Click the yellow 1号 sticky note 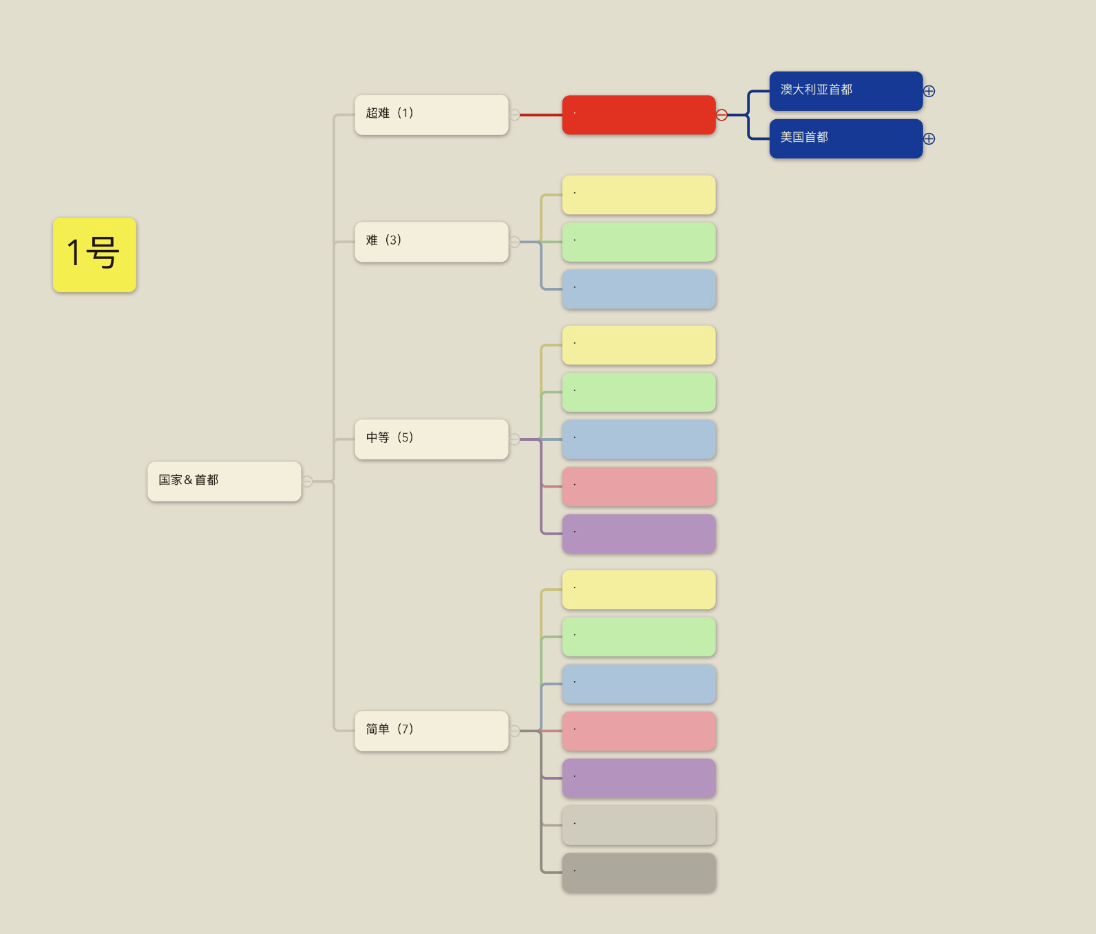[x=94, y=255]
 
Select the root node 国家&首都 [x=224, y=481]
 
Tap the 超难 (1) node [x=432, y=115]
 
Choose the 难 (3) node [x=432, y=242]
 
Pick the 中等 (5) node [x=432, y=439]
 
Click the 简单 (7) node [x=432, y=731]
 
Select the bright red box [x=639, y=115]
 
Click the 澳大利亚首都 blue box [x=846, y=91]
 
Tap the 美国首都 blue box [x=846, y=138]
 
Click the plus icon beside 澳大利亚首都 [x=929, y=91]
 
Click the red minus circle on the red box [x=721, y=115]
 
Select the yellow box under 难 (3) [x=639, y=195]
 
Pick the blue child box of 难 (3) [x=639, y=289]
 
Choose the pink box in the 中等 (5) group [x=639, y=486]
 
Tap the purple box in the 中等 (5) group [x=639, y=534]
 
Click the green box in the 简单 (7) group [x=639, y=636]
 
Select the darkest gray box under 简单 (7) [x=639, y=873]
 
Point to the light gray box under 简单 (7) [x=639, y=825]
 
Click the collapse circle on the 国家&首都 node [x=307, y=481]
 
